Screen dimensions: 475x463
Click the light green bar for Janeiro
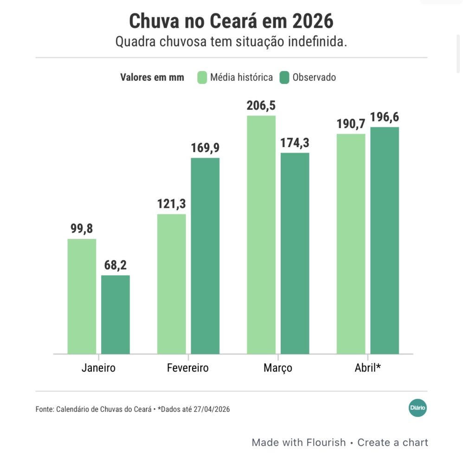[82, 296]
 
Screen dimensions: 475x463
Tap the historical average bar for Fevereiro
[171, 284]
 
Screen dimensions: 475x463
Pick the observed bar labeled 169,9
[205, 256]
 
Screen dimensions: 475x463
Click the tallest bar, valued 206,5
[261, 235]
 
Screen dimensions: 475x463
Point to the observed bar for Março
[295, 253]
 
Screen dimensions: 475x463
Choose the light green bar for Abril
[351, 244]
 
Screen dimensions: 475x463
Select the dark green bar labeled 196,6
[385, 240]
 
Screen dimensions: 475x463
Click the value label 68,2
[116, 266]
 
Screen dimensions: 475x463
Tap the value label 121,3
[171, 205]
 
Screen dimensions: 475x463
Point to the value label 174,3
[295, 143]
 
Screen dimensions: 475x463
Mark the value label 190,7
[351, 124]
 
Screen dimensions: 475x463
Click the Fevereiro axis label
[188, 368]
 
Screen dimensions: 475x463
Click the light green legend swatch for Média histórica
[202, 77]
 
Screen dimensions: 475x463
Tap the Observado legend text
[314, 77]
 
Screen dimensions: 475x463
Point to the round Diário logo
[418, 408]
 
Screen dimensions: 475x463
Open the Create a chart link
[392, 443]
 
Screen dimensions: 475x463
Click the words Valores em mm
[152, 77]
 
